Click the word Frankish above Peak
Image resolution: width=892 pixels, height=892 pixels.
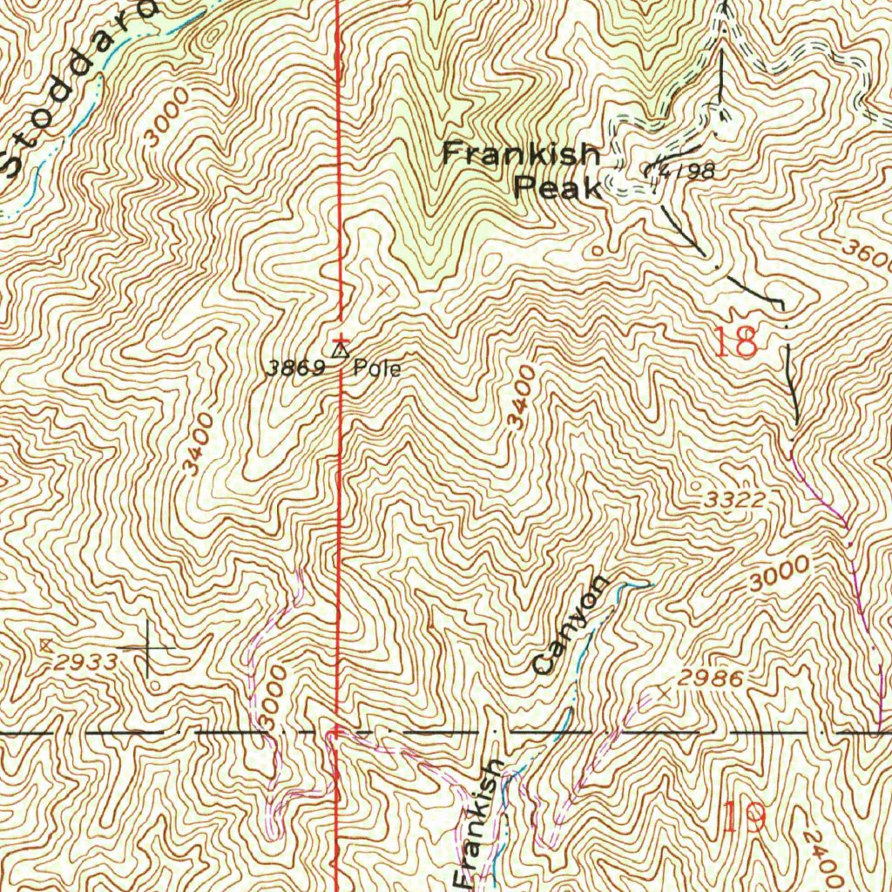tap(521, 155)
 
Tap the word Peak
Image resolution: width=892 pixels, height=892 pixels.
tap(557, 186)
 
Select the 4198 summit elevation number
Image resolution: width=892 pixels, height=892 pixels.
tap(686, 171)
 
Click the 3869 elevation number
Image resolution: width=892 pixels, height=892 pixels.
tap(294, 368)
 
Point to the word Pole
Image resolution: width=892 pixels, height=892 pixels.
tap(377, 368)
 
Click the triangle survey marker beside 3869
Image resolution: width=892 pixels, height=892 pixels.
tap(340, 351)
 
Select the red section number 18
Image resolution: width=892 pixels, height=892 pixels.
tap(736, 342)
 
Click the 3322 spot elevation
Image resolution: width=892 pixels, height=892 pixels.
tap(735, 500)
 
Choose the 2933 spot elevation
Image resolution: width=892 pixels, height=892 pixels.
tap(84, 662)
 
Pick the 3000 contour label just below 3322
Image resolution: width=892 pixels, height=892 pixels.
tap(778, 571)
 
